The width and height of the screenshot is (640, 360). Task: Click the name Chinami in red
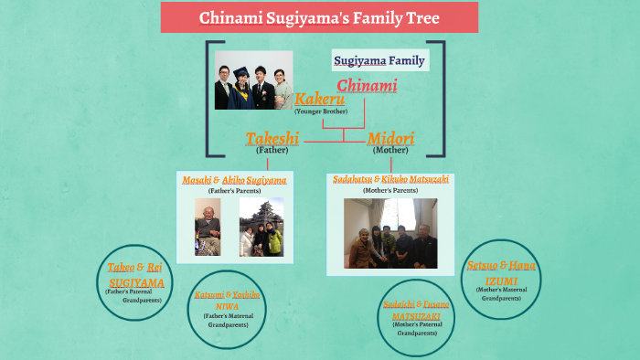click(367, 86)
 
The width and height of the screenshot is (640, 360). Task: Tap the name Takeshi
click(272, 139)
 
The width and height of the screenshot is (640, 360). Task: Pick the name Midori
click(390, 139)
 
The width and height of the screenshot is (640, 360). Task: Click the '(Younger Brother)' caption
click(319, 111)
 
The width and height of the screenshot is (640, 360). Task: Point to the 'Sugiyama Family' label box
click(379, 62)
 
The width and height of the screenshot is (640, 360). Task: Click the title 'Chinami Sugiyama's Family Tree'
click(319, 17)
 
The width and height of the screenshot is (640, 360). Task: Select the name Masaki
click(197, 181)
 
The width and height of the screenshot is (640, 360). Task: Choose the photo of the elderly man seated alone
click(208, 228)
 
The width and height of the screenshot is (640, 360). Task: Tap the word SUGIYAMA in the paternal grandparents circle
click(135, 283)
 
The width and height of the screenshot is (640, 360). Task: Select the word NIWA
click(225, 307)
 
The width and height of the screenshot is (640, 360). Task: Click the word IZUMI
click(502, 280)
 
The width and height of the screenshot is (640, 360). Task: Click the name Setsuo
click(482, 265)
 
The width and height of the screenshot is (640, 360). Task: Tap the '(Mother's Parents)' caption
click(390, 191)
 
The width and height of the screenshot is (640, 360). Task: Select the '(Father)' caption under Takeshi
click(272, 150)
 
